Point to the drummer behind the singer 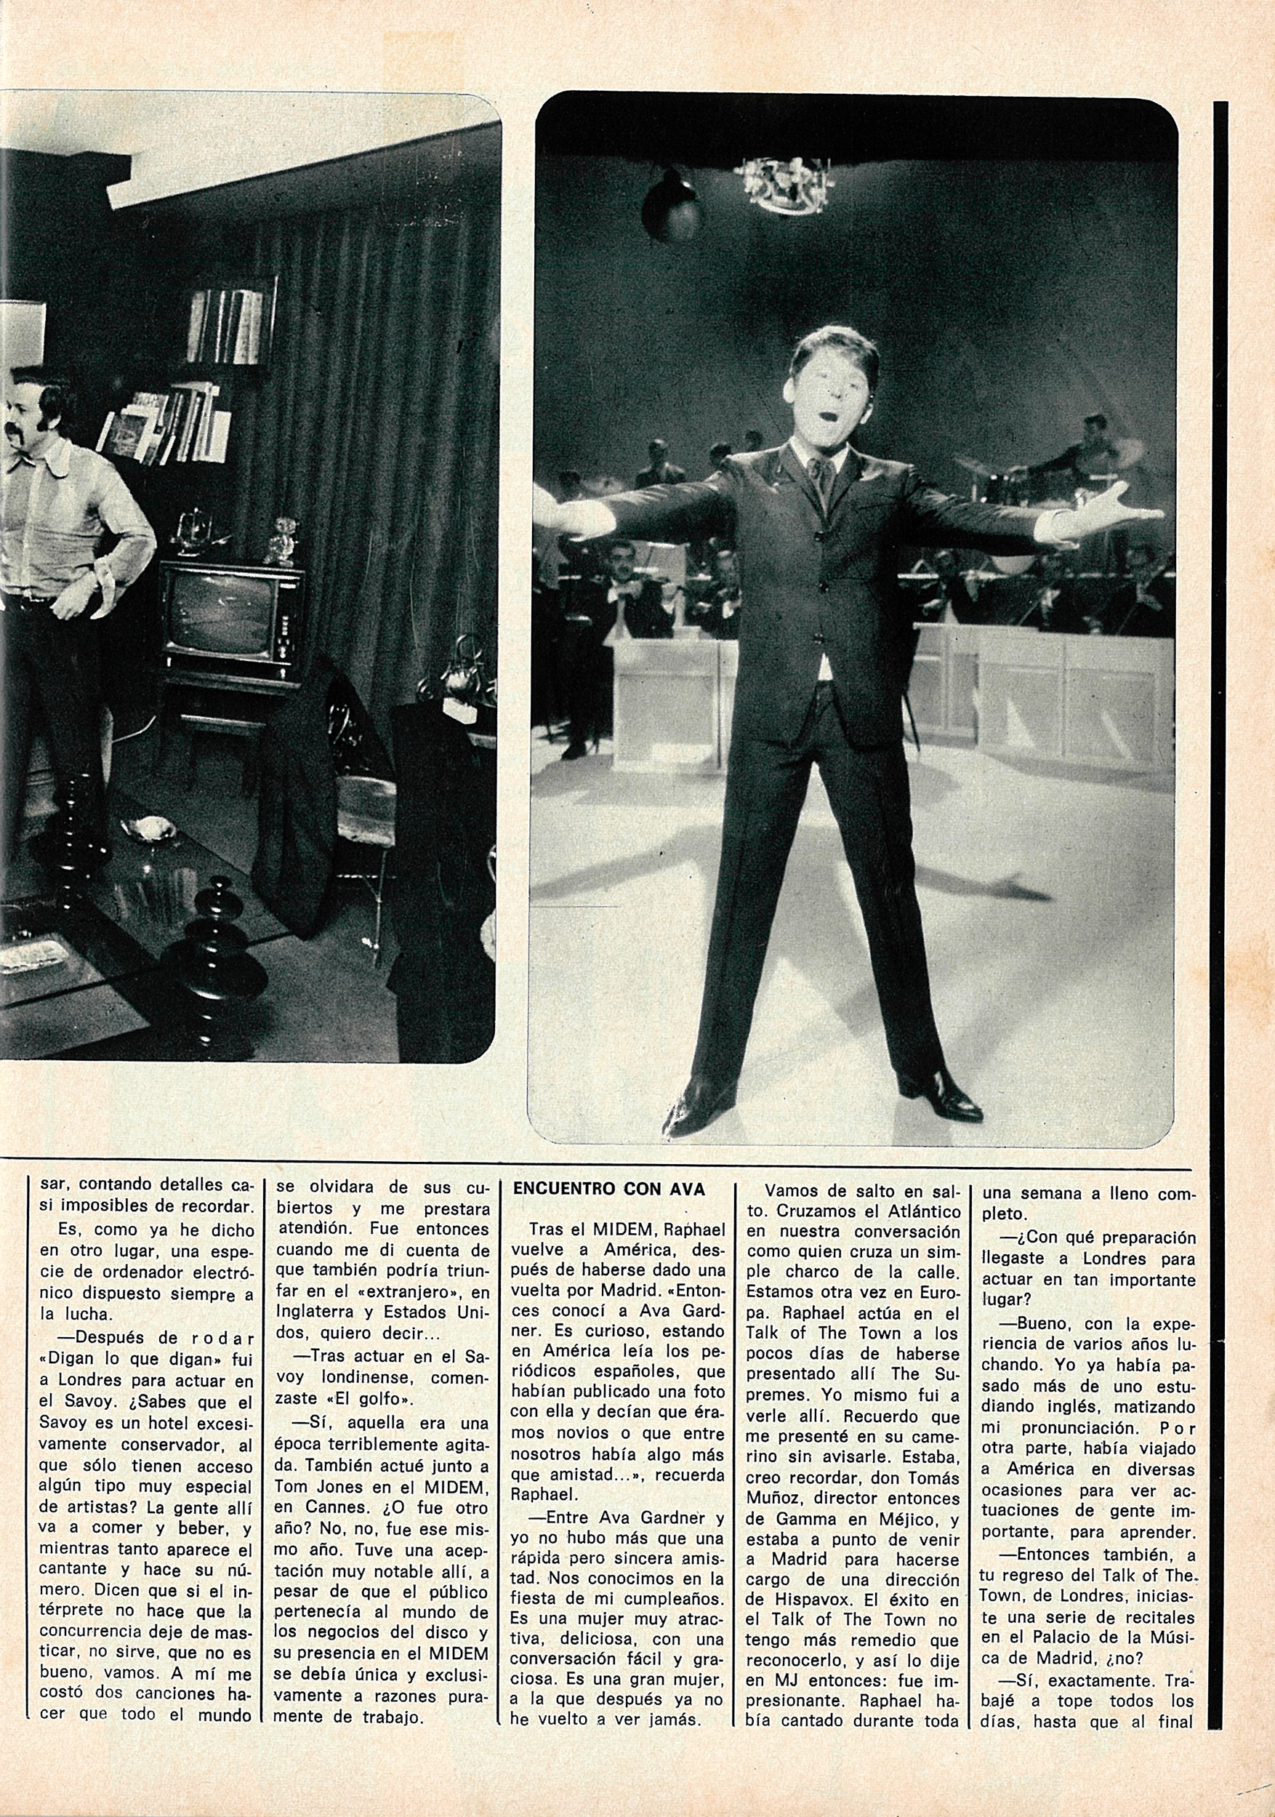click(1093, 447)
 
